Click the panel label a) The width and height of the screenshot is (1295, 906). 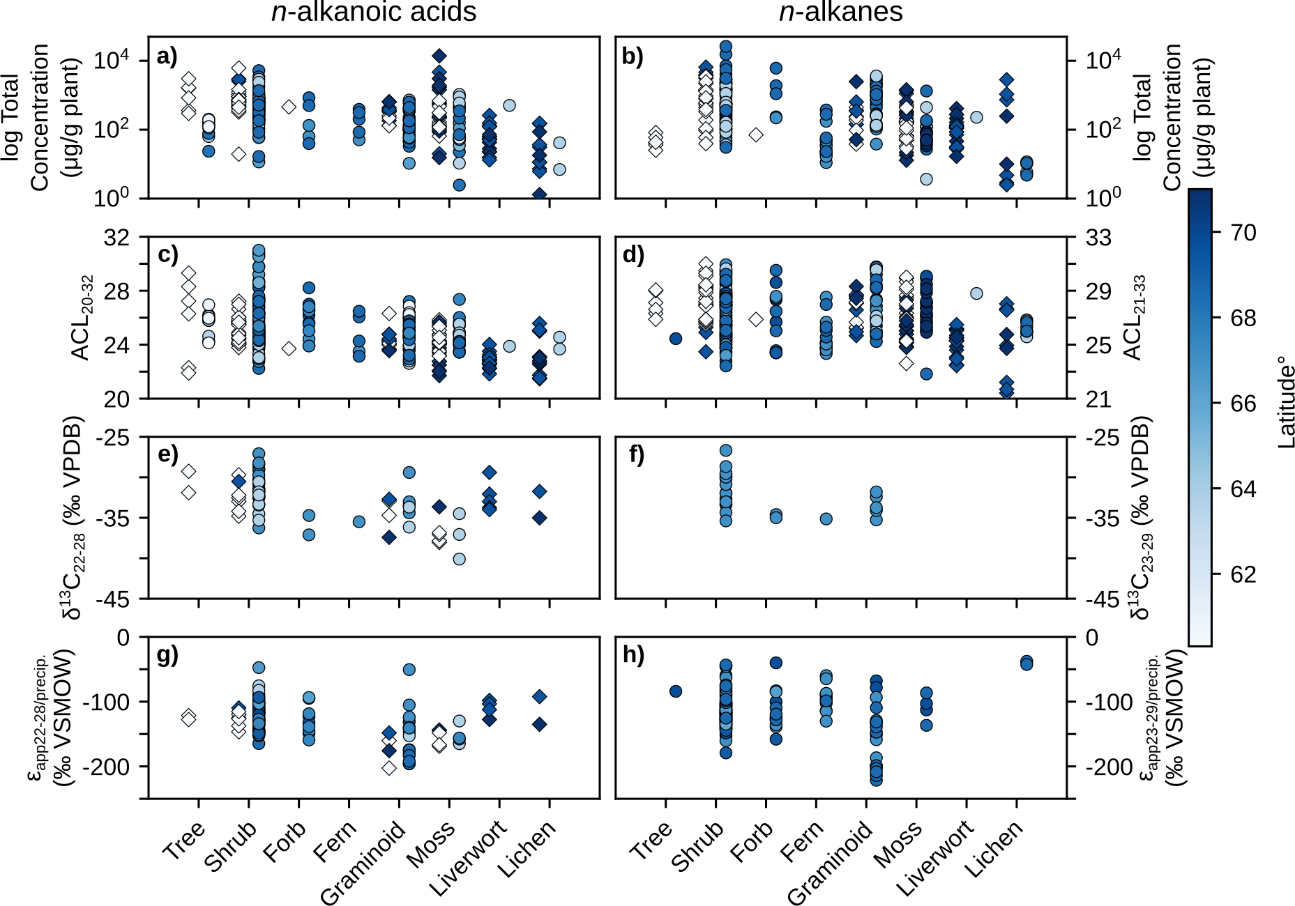(x=167, y=57)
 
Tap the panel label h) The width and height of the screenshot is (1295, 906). (x=633, y=655)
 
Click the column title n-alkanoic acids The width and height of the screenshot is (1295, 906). (x=374, y=13)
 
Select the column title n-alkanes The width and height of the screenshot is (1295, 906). (x=840, y=13)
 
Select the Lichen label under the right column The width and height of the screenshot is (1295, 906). (x=994, y=848)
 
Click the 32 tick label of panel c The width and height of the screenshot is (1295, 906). (x=116, y=238)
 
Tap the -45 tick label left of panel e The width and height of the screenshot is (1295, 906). (x=113, y=599)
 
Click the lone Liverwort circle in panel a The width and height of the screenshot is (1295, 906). (x=509, y=105)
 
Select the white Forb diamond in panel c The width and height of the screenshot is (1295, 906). (x=289, y=348)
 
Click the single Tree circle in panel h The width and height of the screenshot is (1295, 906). (x=675, y=691)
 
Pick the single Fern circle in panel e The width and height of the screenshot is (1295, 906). (x=358, y=521)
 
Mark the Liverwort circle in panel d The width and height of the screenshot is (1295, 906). (x=976, y=293)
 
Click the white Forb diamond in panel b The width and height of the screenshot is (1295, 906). (x=756, y=135)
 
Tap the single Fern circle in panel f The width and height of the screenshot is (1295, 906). (x=826, y=519)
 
